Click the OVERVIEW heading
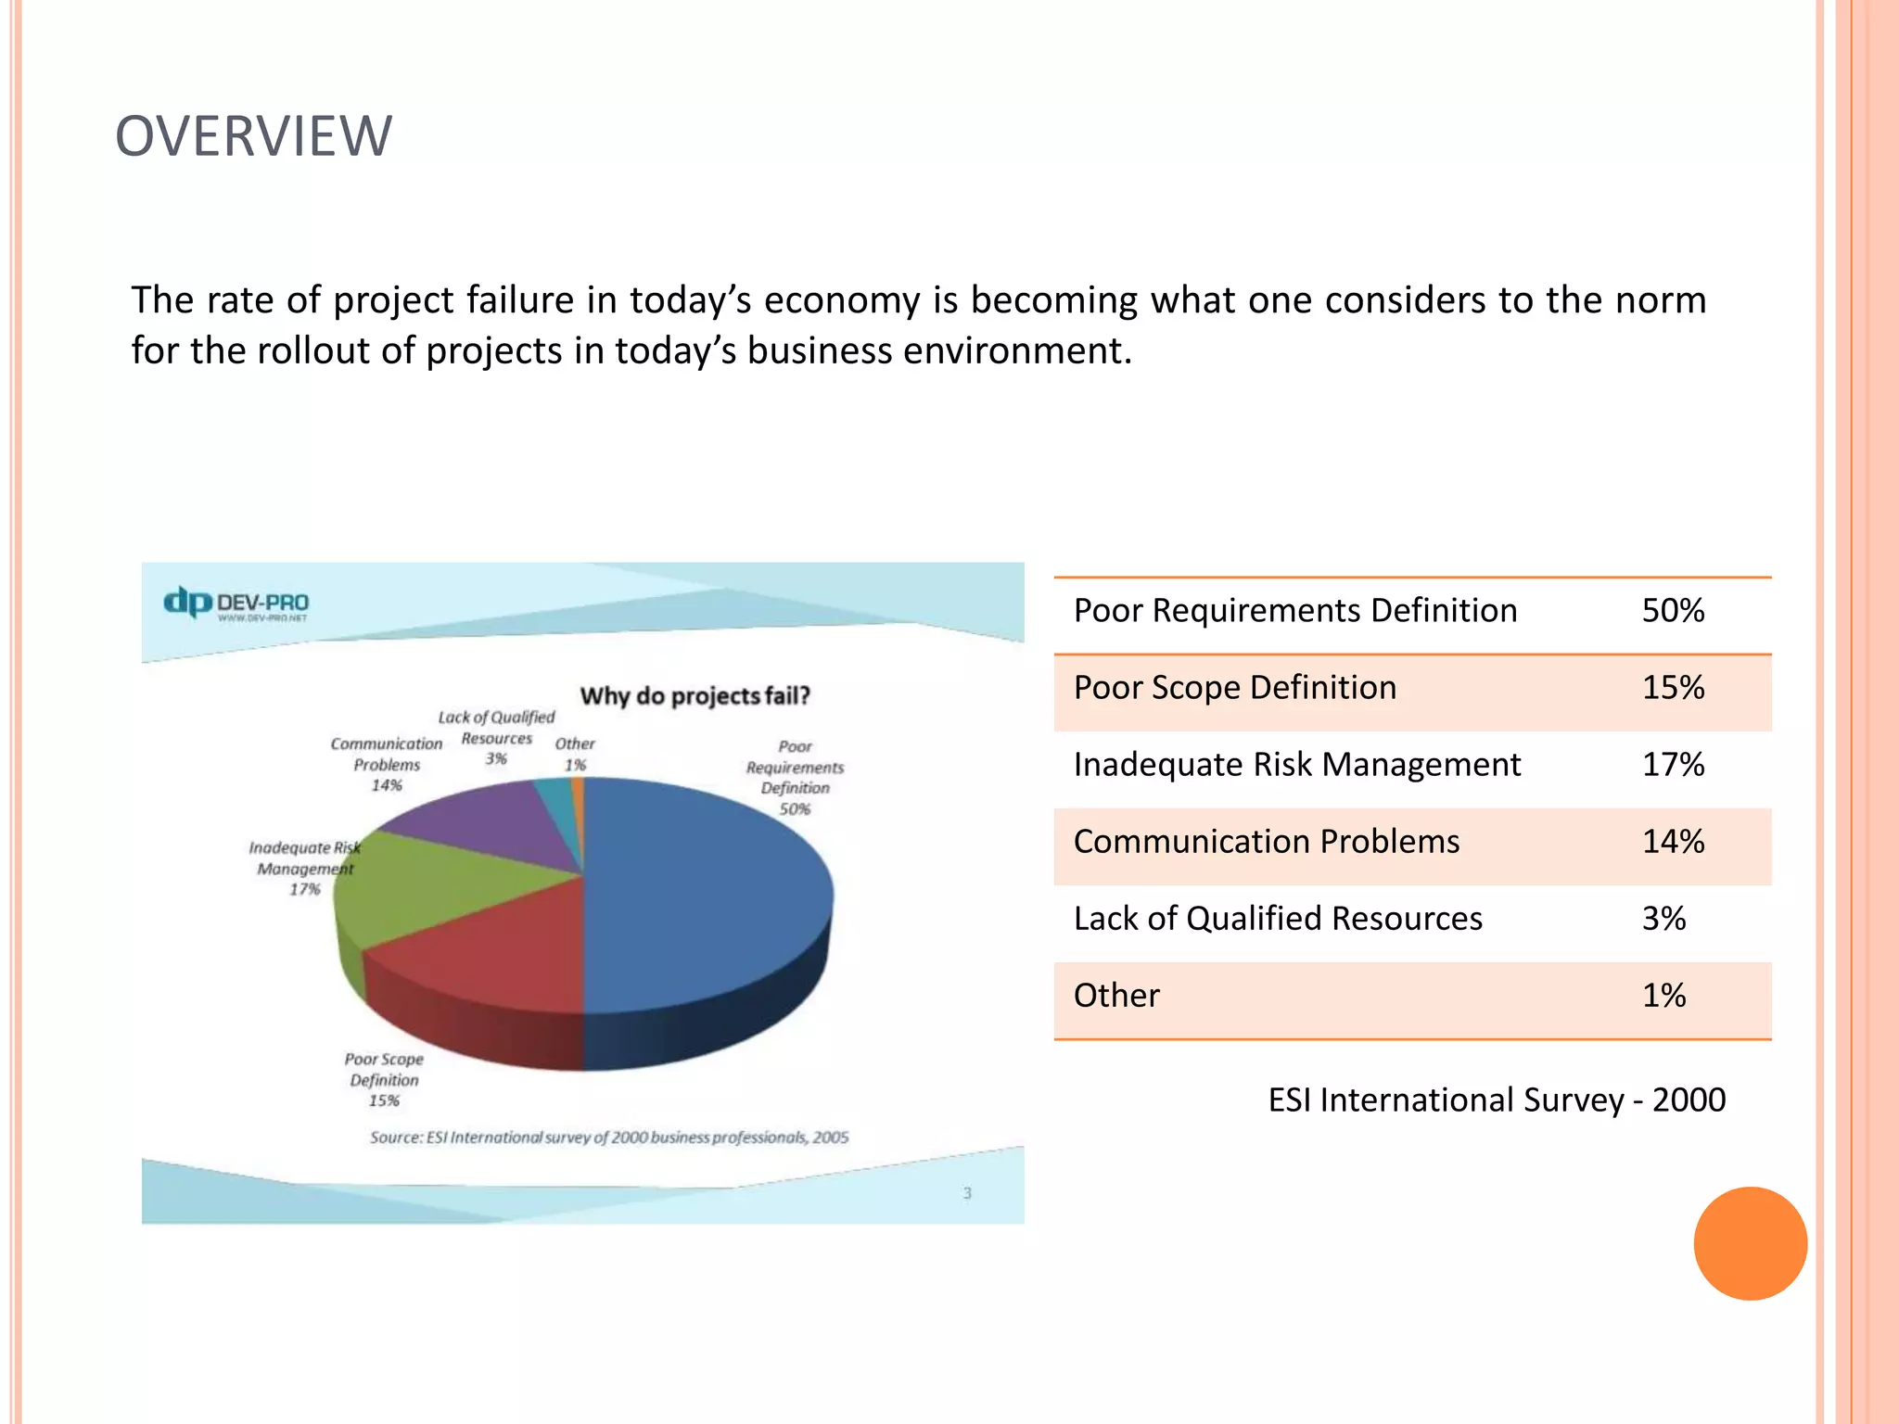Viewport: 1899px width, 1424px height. [x=253, y=136]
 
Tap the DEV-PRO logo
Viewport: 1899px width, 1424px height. [x=236, y=603]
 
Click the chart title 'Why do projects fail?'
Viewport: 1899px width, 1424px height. [x=695, y=695]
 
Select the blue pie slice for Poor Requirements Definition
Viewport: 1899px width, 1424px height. [x=705, y=890]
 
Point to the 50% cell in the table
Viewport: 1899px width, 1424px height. [x=1673, y=611]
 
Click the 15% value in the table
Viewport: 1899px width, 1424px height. [x=1673, y=688]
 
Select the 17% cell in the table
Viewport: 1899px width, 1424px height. [x=1673, y=765]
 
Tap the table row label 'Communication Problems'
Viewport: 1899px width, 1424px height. [x=1266, y=842]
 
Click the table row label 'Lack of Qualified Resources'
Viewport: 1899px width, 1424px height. [x=1278, y=919]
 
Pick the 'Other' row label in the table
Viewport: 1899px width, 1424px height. [x=1116, y=996]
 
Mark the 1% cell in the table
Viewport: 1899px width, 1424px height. [x=1663, y=996]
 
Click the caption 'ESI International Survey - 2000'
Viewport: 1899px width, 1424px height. [x=1496, y=1100]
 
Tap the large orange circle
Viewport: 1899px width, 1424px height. [x=1750, y=1243]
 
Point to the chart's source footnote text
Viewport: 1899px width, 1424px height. [x=609, y=1138]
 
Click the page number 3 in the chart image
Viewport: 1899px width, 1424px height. [x=967, y=1193]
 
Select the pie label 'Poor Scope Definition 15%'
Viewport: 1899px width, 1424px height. [x=384, y=1080]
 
